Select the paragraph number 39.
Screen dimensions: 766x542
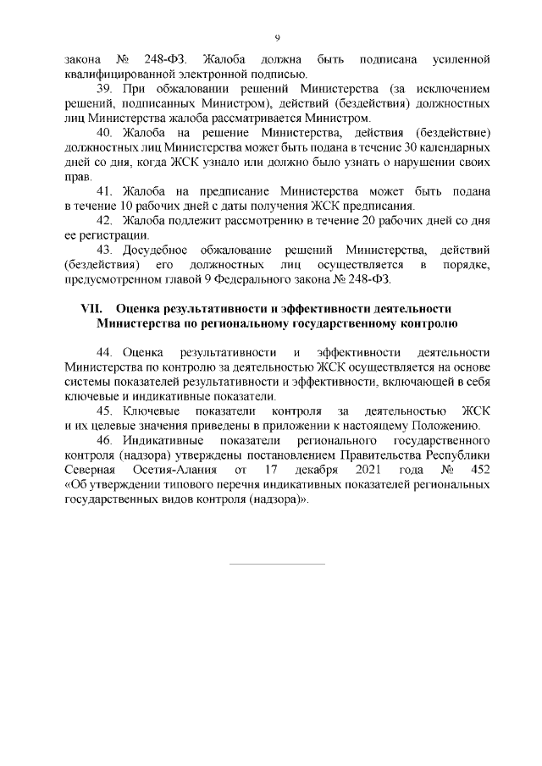[x=106, y=88]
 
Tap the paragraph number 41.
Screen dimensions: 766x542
[x=106, y=190]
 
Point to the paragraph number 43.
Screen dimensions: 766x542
[x=106, y=250]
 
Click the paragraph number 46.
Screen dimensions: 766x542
[x=106, y=441]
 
